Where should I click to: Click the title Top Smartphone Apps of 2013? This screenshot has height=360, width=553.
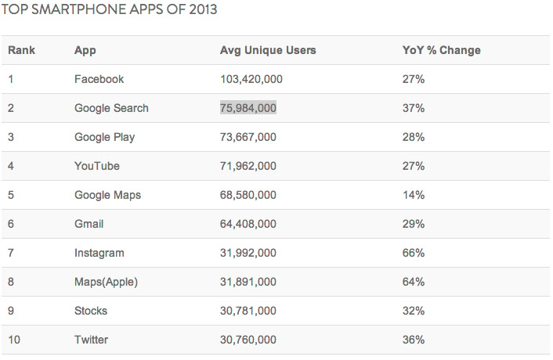110,11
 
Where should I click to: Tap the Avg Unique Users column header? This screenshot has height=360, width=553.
268,50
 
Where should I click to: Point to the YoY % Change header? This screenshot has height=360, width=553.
441,50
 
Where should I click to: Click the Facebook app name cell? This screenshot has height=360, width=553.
99,79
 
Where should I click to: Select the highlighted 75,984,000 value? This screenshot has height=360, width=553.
248,108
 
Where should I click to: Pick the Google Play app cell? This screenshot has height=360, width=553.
104,137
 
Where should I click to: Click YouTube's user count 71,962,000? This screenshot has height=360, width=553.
248,166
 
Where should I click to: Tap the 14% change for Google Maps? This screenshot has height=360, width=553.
413,195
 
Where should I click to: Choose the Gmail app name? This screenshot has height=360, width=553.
89,224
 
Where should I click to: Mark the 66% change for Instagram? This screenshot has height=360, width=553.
413,253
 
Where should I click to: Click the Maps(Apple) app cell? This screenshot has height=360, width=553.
106,282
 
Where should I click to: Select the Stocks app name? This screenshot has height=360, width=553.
91,311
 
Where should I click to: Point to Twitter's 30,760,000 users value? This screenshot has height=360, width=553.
248,340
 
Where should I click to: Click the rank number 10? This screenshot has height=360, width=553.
14,340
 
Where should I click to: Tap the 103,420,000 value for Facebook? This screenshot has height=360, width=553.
251,79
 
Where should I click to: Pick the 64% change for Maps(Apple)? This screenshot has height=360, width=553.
413,282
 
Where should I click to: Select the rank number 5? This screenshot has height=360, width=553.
11,195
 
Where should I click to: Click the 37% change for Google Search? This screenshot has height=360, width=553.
413,108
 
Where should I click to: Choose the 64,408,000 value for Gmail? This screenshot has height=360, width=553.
248,224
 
